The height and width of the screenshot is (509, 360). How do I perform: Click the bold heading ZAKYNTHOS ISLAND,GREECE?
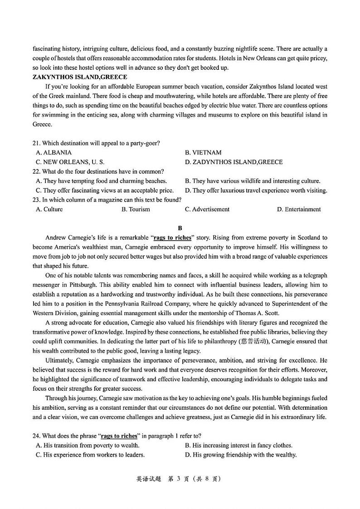pyautogui.click(x=80, y=77)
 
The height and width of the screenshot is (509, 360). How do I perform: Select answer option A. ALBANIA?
pyautogui.click(x=54, y=153)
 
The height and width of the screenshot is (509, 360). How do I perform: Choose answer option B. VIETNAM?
pyautogui.click(x=203, y=153)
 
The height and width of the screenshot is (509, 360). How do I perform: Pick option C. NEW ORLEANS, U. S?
pyautogui.click(x=70, y=162)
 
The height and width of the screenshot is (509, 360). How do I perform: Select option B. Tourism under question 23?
pyautogui.click(x=136, y=209)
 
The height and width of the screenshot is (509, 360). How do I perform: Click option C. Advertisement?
pyautogui.click(x=207, y=209)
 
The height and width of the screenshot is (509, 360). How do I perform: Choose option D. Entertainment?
pyautogui.click(x=299, y=209)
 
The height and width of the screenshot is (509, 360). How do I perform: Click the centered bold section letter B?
pyautogui.click(x=180, y=228)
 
